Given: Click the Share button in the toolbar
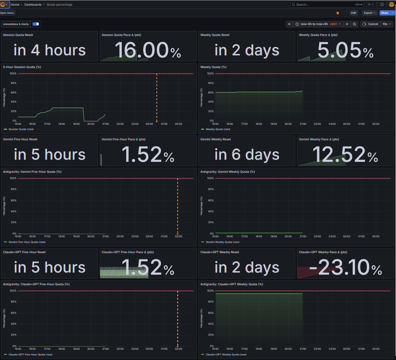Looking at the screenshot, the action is [x=385, y=13].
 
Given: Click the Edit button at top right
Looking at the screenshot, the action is [x=354, y=13].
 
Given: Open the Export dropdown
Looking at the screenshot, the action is [x=370, y=13].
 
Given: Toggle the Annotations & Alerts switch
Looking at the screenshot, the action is [x=36, y=24].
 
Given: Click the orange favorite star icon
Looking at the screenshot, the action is [x=338, y=13].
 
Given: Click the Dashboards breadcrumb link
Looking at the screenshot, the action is [x=33, y=5].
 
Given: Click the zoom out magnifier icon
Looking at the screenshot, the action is [x=354, y=24].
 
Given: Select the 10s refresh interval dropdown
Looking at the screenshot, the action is [x=386, y=24].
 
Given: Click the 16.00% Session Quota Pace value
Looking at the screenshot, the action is [x=148, y=50].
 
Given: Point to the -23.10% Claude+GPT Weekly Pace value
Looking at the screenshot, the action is [x=345, y=267].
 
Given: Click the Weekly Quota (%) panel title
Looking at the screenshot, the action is [x=214, y=67].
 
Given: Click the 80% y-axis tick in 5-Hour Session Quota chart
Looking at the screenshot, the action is [x=13, y=83].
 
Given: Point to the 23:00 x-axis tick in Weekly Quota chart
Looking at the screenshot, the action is [x=332, y=124].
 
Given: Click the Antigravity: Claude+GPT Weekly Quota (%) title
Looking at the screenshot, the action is [x=231, y=284].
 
